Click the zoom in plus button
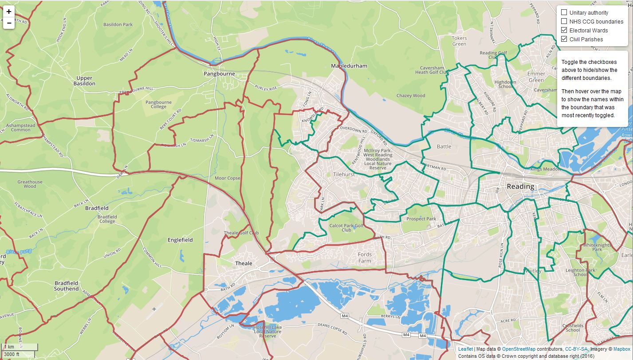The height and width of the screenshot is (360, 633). pyautogui.click(x=9, y=12)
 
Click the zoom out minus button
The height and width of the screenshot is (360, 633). pyautogui.click(x=9, y=24)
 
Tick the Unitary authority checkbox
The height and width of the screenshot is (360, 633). pyautogui.click(x=564, y=12)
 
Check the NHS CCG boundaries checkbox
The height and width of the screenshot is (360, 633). pyautogui.click(x=564, y=21)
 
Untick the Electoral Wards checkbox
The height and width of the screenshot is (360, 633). pyautogui.click(x=564, y=30)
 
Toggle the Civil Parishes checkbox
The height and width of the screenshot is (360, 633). pyautogui.click(x=564, y=39)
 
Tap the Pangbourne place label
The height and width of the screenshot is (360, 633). pyautogui.click(x=219, y=74)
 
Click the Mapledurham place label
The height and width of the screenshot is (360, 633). pyautogui.click(x=349, y=66)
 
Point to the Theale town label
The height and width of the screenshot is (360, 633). pyautogui.click(x=244, y=263)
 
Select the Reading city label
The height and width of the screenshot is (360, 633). pyautogui.click(x=520, y=186)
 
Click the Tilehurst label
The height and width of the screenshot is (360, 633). pyautogui.click(x=344, y=174)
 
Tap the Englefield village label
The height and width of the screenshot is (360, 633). pyautogui.click(x=180, y=240)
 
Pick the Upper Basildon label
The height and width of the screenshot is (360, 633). pyautogui.click(x=84, y=81)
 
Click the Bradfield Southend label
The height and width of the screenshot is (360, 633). pyautogui.click(x=66, y=286)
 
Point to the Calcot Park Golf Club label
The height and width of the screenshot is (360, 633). pyautogui.click(x=346, y=228)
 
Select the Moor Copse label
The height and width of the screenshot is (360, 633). pyautogui.click(x=227, y=178)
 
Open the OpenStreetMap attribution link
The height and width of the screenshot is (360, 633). pyautogui.click(x=519, y=349)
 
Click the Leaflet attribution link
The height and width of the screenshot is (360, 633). pyautogui.click(x=465, y=349)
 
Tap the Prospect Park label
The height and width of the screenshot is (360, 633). pyautogui.click(x=421, y=219)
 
